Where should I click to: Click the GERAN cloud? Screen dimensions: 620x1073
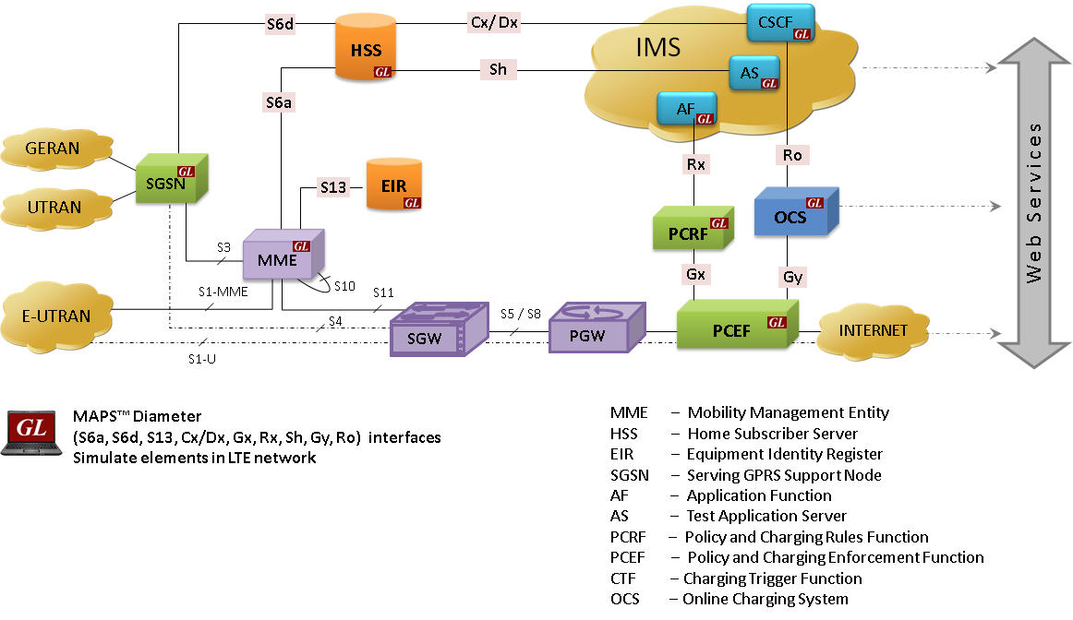pos(54,148)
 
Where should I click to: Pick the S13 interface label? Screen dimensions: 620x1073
pos(333,187)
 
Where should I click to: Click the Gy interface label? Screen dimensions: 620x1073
pos(792,276)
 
